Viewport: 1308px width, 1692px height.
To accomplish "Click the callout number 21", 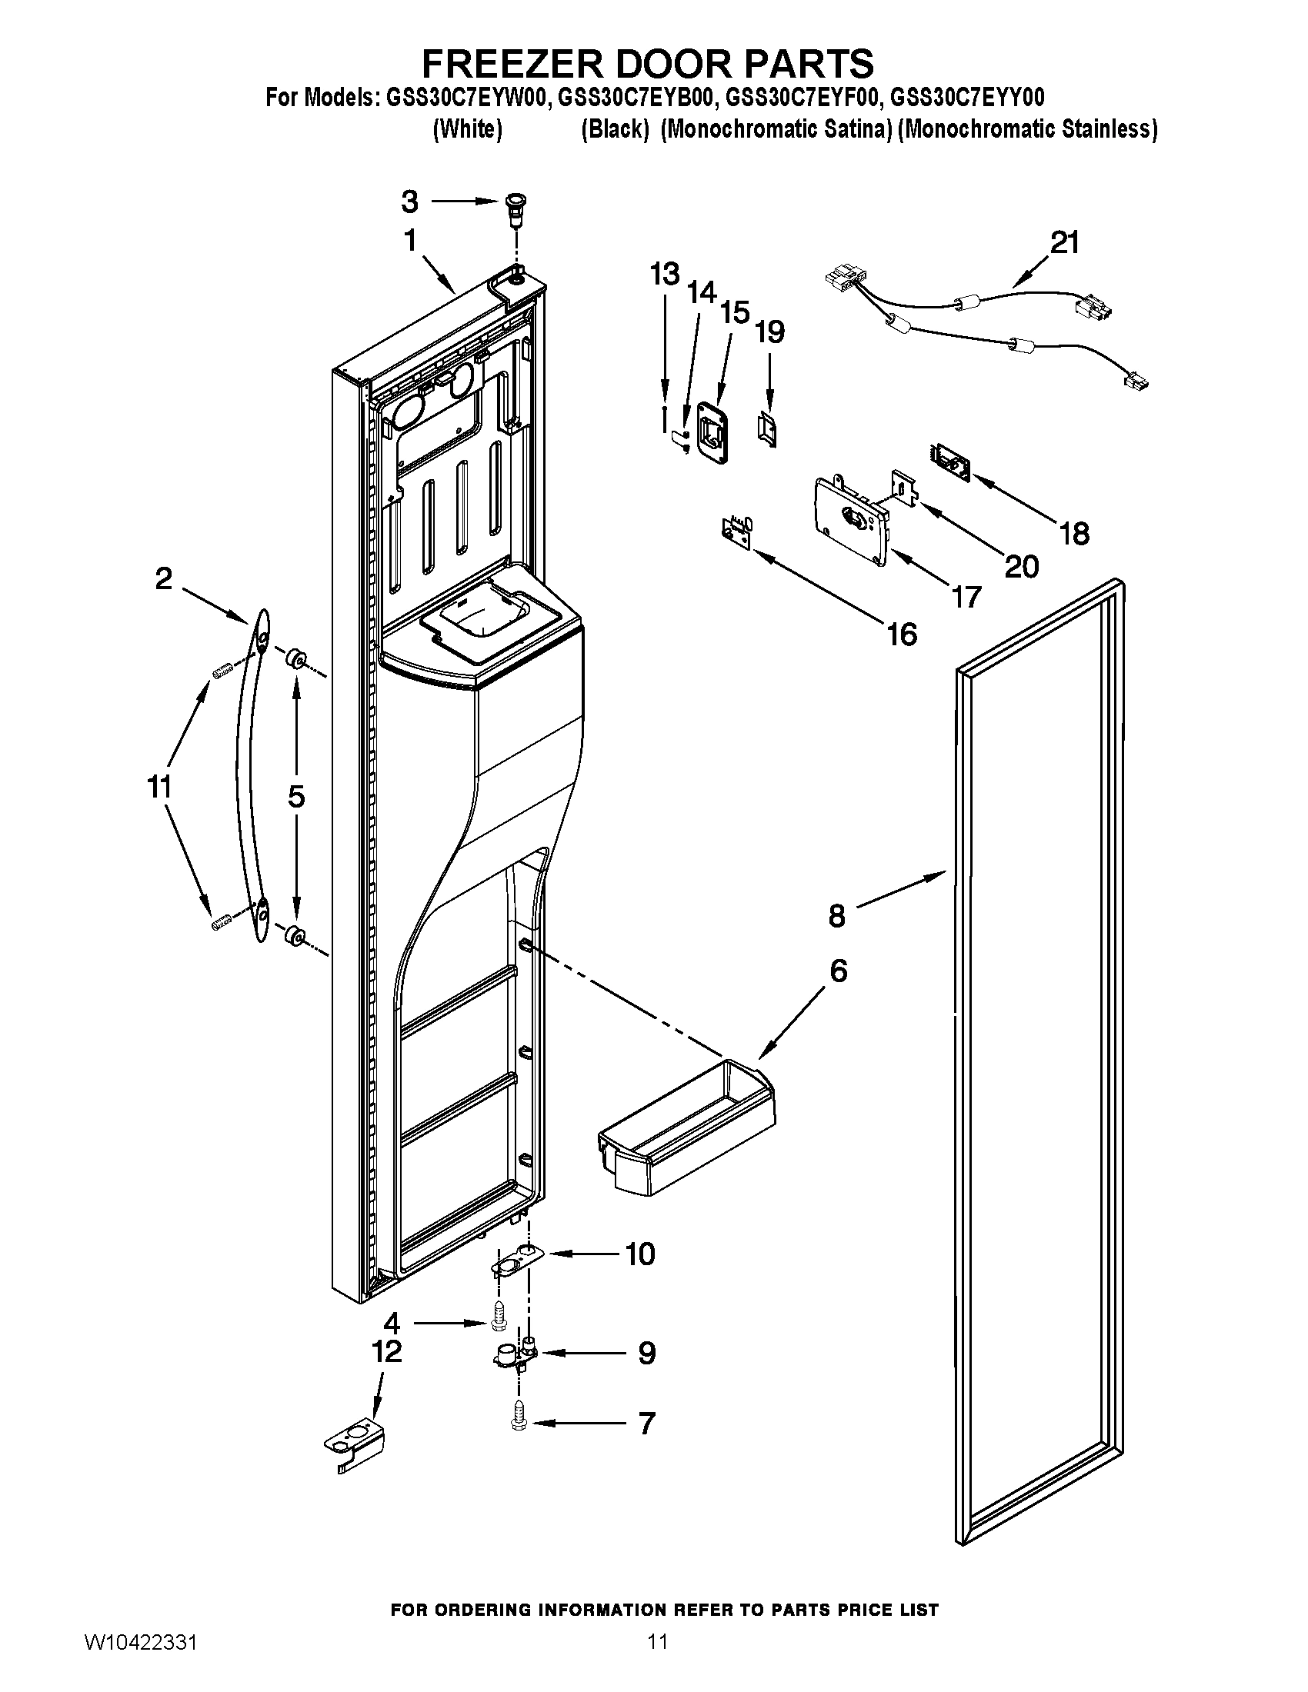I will pyautogui.click(x=1064, y=242).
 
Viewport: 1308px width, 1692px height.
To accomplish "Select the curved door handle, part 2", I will pyautogui.click(x=249, y=774).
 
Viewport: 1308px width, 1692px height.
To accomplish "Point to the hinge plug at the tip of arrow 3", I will pyautogui.click(x=513, y=207).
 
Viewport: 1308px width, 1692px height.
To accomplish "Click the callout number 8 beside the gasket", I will pyautogui.click(x=837, y=917).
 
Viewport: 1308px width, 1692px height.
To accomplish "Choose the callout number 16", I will pyautogui.click(x=902, y=634).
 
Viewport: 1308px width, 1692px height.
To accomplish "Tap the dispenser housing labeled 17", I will pyautogui.click(x=849, y=522).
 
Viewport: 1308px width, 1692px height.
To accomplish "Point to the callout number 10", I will pyautogui.click(x=640, y=1254).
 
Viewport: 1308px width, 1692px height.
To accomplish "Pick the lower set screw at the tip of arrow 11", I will pyautogui.click(x=222, y=921).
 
